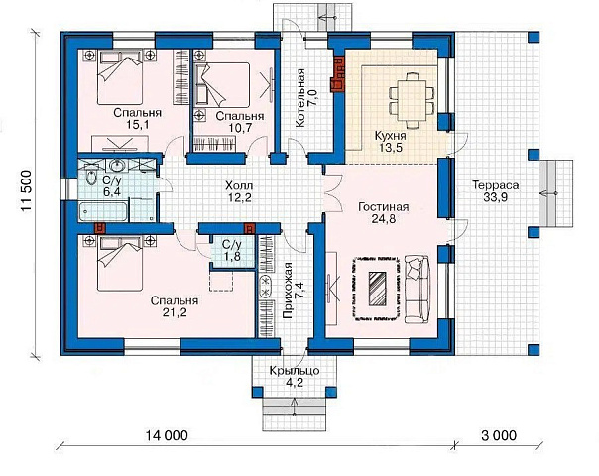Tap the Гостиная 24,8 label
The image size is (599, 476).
click(x=384, y=213)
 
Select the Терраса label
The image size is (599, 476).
click(x=496, y=185)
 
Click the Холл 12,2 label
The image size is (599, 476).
click(x=239, y=191)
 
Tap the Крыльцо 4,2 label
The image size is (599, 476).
click(x=295, y=376)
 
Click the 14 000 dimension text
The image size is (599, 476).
click(x=167, y=435)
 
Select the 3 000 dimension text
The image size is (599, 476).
click(x=499, y=435)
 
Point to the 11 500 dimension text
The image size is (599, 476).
click(x=27, y=191)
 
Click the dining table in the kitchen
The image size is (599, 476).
click(x=412, y=100)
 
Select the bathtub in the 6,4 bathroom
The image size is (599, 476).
click(x=103, y=212)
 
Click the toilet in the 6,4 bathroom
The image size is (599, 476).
click(x=91, y=178)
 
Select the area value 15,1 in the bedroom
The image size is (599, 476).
click(x=137, y=125)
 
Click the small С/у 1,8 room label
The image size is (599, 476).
click(x=232, y=251)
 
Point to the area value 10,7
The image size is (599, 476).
click(x=240, y=128)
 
